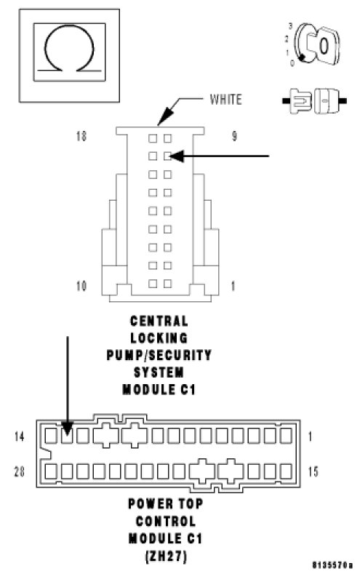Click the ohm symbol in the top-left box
click(69, 26)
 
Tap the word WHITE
click(225, 100)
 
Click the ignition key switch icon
click(315, 44)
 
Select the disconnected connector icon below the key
click(315, 100)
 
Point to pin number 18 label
click(81, 137)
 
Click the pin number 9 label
click(234, 137)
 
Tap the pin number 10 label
click(81, 286)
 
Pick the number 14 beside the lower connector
click(20, 437)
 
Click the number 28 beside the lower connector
click(20, 471)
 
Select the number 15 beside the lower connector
click(313, 471)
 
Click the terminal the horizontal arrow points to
click(167, 156)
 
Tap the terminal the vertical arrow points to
click(67, 436)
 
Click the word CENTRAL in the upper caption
click(159, 322)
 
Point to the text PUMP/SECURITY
click(159, 356)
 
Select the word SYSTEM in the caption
click(159, 372)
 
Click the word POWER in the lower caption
click(144, 503)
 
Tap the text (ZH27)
click(166, 557)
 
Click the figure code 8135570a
click(333, 565)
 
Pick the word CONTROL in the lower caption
click(166, 522)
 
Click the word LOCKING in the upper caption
click(159, 338)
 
